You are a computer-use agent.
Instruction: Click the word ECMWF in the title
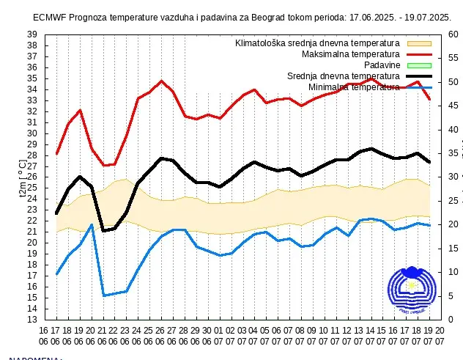[x=50, y=17]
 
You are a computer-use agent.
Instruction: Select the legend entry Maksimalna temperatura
[x=350, y=54]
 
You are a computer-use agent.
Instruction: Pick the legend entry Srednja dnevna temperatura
[x=343, y=76]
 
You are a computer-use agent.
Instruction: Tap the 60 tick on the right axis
[x=453, y=34]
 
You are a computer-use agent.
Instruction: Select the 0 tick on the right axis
[x=451, y=320]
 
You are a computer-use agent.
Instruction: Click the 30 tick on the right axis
[x=453, y=177]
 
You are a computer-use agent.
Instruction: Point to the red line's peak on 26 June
[x=162, y=81]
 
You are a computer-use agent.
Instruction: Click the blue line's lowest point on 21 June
[x=104, y=295]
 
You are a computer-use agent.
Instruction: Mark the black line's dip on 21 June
[x=104, y=231]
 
